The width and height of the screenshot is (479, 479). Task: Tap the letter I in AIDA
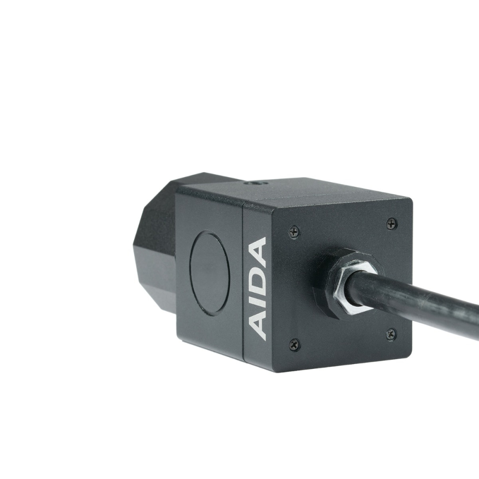[259, 305]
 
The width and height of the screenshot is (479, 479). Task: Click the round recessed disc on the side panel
[209, 273]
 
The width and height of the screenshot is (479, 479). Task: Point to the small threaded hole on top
[251, 183]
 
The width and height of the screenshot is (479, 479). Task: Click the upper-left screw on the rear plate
[294, 232]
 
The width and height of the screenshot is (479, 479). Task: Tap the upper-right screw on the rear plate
[391, 223]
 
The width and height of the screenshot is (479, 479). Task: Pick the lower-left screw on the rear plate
[294, 343]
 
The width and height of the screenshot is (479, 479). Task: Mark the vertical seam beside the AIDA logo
[243, 283]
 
